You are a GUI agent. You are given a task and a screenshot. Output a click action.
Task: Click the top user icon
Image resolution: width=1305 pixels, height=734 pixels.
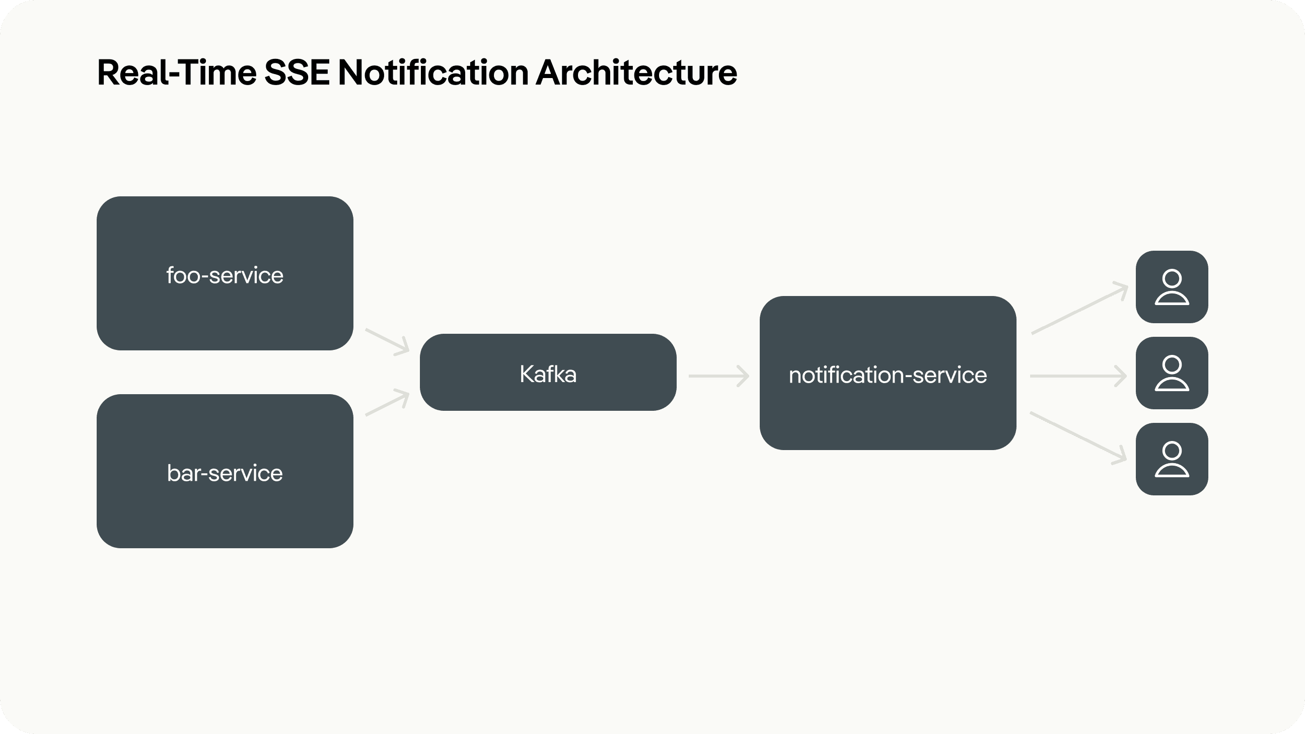click(x=1172, y=287)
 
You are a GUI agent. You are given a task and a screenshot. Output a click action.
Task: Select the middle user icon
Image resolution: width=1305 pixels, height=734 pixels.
click(x=1172, y=373)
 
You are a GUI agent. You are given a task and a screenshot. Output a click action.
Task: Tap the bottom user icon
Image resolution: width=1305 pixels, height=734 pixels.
click(x=1172, y=459)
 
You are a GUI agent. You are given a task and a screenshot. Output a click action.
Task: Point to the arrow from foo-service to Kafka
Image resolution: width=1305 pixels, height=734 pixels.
click(x=388, y=341)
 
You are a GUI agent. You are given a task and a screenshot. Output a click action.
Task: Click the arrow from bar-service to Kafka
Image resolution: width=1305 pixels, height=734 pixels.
click(x=388, y=403)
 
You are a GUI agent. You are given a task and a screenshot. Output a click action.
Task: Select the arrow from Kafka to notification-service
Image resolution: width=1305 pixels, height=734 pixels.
click(x=718, y=377)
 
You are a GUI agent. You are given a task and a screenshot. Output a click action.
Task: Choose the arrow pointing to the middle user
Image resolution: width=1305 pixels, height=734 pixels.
click(x=1078, y=377)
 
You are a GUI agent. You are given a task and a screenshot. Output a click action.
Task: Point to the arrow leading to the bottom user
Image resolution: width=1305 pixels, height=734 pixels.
click(x=1078, y=437)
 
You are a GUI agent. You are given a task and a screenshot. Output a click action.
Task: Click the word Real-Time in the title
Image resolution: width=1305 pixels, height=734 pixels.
click(x=177, y=72)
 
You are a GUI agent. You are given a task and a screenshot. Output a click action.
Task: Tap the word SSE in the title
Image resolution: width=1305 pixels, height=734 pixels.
click(x=298, y=72)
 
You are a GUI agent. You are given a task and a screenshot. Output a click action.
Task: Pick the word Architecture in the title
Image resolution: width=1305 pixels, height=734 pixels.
click(x=636, y=72)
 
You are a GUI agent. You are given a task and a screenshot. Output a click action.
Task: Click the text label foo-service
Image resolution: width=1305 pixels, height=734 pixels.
click(x=225, y=275)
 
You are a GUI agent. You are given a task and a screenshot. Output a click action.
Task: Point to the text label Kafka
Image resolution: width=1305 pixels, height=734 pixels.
click(x=548, y=375)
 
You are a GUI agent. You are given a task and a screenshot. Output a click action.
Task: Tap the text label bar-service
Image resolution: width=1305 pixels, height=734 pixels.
click(x=225, y=473)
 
